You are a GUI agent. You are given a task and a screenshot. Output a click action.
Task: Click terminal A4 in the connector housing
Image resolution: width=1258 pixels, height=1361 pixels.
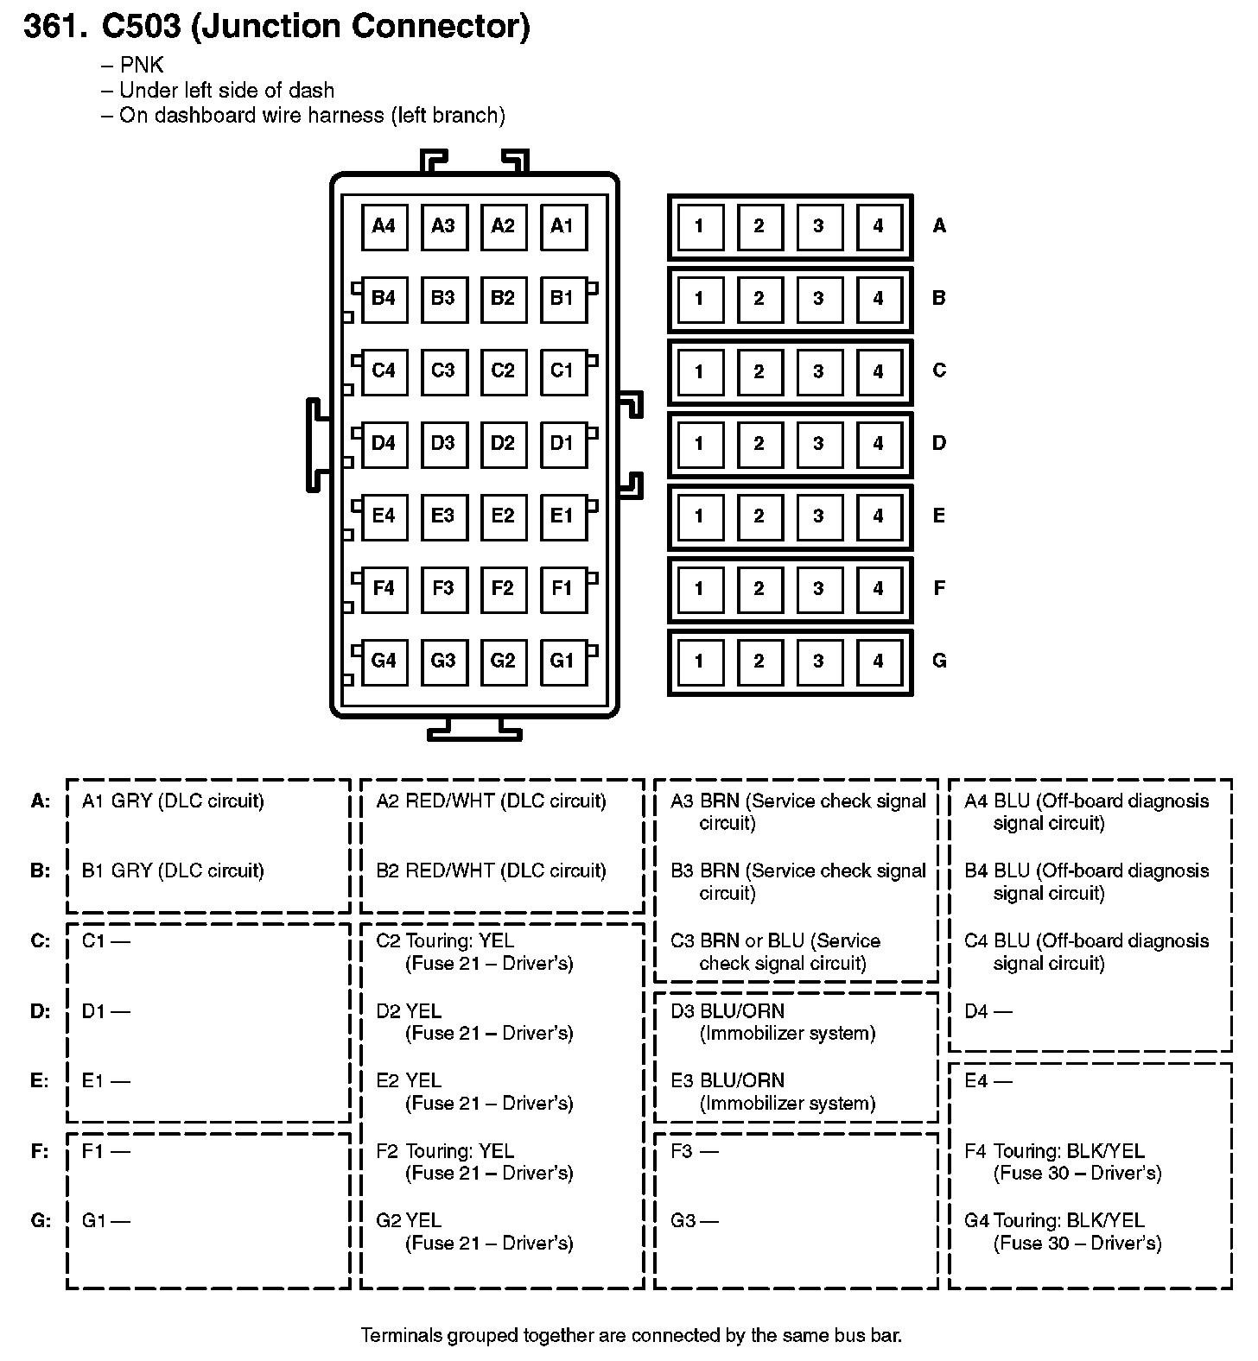(x=384, y=226)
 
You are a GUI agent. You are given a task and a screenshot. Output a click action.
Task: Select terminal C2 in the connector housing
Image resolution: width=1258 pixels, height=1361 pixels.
(x=503, y=371)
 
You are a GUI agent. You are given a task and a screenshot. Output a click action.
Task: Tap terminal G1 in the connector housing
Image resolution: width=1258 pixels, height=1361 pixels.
(x=562, y=662)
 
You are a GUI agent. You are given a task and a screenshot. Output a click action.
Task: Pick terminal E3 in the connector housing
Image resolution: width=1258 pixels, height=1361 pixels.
(x=443, y=516)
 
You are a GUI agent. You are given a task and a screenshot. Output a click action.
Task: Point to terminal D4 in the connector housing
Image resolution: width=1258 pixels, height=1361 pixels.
(x=384, y=444)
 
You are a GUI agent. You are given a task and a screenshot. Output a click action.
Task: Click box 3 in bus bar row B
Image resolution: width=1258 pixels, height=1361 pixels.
(x=818, y=299)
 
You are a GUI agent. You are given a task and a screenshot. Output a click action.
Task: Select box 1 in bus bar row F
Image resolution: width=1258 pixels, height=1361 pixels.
(x=699, y=589)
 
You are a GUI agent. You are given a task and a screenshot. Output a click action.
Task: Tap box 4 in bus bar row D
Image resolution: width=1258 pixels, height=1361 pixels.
(x=878, y=444)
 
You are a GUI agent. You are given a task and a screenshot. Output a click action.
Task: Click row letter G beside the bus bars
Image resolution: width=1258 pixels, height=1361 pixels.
(x=939, y=662)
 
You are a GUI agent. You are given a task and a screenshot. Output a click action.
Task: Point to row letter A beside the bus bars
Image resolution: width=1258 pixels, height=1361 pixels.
(x=939, y=226)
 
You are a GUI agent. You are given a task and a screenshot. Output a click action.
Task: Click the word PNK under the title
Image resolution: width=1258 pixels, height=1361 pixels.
(x=142, y=66)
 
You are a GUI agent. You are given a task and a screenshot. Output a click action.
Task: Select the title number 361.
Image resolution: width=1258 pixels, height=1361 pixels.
(x=56, y=27)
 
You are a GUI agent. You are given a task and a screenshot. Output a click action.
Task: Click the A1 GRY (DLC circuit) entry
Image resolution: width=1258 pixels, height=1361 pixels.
(x=173, y=801)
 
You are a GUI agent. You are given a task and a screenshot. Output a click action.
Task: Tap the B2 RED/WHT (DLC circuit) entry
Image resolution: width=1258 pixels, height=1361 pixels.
(x=491, y=871)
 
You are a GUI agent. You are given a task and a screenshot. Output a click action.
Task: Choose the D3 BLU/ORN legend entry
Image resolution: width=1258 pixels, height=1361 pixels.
(x=773, y=1022)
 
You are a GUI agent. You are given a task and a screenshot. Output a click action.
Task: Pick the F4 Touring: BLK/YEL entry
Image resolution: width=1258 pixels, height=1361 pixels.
(x=1064, y=1162)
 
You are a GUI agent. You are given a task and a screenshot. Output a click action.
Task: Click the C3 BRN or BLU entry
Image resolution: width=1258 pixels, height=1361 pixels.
(x=776, y=953)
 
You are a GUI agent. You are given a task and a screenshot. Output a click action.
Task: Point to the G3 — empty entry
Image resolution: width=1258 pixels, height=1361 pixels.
(x=695, y=1221)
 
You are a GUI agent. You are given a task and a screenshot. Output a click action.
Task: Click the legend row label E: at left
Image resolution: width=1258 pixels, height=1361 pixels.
(x=41, y=1081)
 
